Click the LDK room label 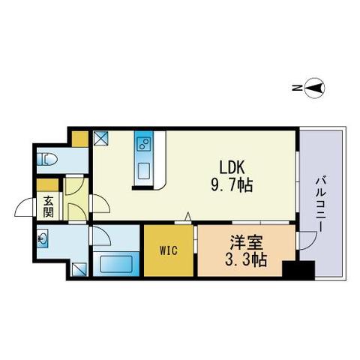click(232, 167)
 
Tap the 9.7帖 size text click(232, 185)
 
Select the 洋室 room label click(246, 242)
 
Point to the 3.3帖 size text click(246, 259)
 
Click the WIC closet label click(169, 250)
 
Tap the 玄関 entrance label click(48, 206)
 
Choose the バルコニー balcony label click(319, 205)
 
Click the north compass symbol click(315, 88)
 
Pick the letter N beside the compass click(297, 88)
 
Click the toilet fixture click(47, 159)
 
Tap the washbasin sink click(42, 238)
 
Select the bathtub click(116, 264)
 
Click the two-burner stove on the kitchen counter click(144, 144)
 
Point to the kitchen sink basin click(144, 171)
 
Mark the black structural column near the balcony click(298, 270)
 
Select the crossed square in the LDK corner click(101, 138)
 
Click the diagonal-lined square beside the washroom click(79, 269)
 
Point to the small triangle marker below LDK click(188, 217)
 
